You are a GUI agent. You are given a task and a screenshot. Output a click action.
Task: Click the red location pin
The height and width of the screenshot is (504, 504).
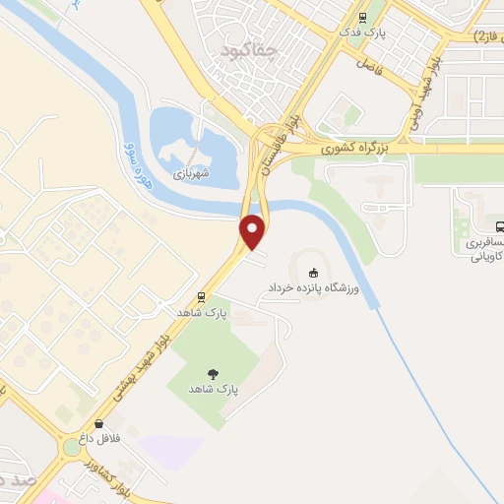[x=253, y=230]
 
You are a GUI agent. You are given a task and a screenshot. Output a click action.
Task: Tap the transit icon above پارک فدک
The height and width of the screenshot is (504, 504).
[x=363, y=16]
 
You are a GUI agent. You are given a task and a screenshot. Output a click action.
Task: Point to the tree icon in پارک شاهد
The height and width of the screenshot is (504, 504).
[x=214, y=372]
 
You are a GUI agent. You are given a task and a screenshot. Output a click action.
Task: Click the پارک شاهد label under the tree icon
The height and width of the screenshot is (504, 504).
[x=215, y=390]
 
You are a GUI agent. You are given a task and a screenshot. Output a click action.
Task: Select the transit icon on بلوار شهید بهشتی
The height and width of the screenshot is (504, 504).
[x=202, y=295]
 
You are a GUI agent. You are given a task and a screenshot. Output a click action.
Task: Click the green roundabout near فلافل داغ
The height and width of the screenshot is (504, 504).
[x=71, y=449]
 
